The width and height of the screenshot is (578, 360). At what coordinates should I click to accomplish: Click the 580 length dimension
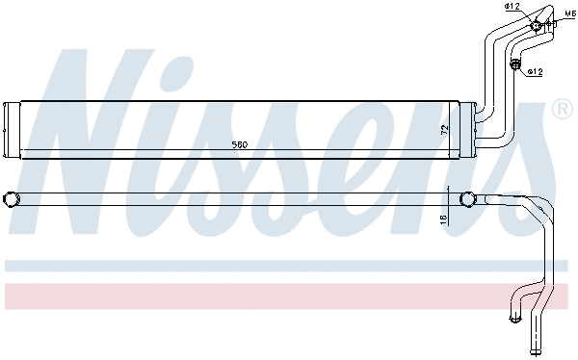(x=239, y=144)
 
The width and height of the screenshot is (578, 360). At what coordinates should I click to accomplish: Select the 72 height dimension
(x=445, y=127)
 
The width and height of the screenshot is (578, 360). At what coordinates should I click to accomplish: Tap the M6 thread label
(x=569, y=14)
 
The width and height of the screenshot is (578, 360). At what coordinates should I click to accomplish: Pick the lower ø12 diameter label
(x=535, y=71)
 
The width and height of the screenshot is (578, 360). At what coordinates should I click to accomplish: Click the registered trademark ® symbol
(x=561, y=109)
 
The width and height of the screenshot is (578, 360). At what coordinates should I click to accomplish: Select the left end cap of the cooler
(x=12, y=128)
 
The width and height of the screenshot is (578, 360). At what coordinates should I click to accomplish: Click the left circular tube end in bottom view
(x=12, y=199)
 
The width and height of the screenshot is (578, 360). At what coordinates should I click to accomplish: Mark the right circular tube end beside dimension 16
(x=467, y=199)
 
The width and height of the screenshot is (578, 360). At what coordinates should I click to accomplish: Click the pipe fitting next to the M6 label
(x=536, y=24)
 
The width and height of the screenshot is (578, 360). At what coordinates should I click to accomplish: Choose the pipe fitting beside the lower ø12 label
(x=515, y=66)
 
